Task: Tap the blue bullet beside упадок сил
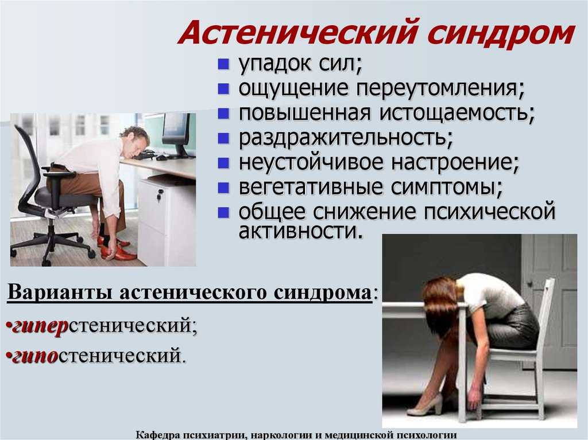(x=223, y=64)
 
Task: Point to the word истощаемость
(x=457, y=113)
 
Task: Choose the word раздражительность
(x=346, y=138)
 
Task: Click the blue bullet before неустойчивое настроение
(x=223, y=163)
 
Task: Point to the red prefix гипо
(x=34, y=356)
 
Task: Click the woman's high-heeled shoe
(x=425, y=405)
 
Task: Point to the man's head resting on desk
(x=134, y=141)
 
